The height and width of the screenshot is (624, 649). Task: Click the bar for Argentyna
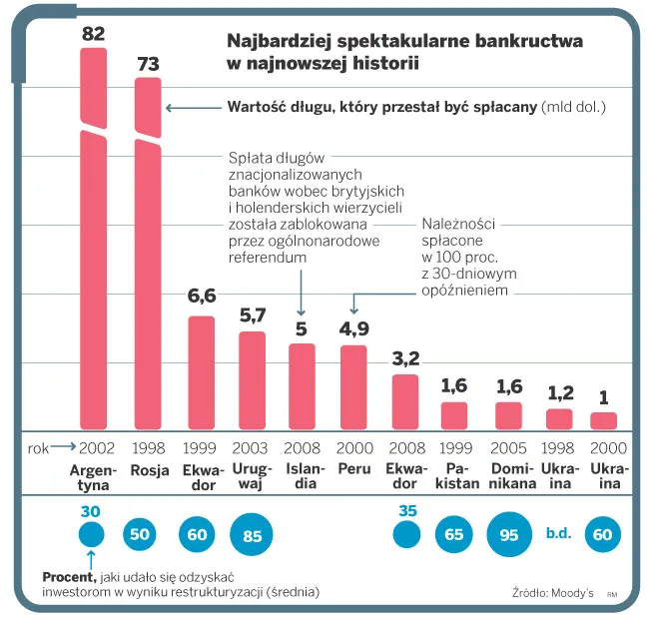(93, 240)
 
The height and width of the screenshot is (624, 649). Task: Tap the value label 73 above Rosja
(148, 64)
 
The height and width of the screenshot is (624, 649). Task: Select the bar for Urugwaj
(252, 380)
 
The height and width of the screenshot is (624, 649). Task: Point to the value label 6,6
(202, 297)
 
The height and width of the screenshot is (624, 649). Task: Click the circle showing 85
(252, 536)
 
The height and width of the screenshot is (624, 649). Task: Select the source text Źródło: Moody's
(551, 592)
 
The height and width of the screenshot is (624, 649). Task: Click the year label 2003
(252, 449)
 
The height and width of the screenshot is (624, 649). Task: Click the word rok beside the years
(38, 449)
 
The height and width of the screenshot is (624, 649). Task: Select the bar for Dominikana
(509, 415)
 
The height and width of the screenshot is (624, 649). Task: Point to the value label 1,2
(559, 392)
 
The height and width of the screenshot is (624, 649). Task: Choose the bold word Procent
(68, 577)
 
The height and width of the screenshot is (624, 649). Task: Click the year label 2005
(509, 449)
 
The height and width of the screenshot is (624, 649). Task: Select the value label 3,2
(405, 356)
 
